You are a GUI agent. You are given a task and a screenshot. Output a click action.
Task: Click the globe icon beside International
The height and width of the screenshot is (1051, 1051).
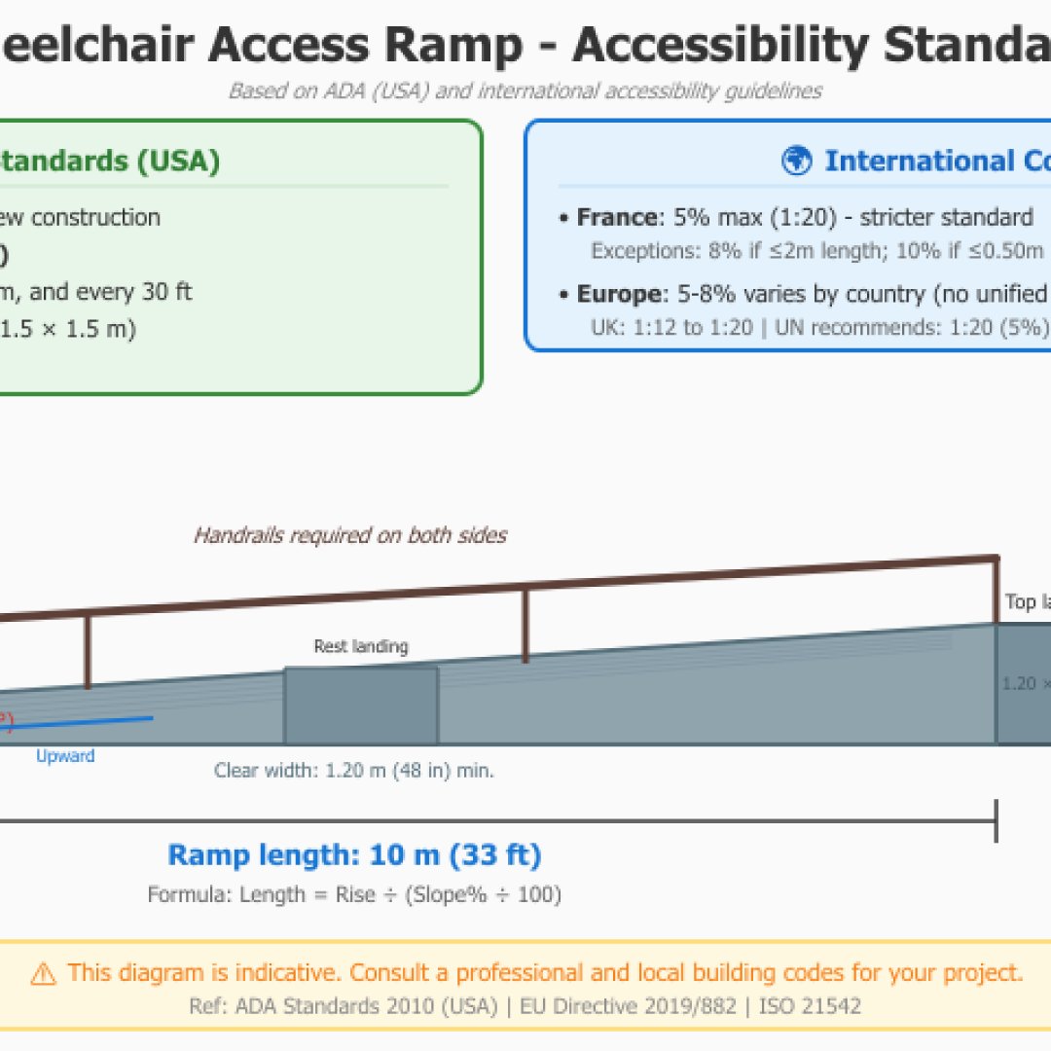coord(796,161)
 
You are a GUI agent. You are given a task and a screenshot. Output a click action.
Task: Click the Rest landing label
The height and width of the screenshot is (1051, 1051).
coord(361,646)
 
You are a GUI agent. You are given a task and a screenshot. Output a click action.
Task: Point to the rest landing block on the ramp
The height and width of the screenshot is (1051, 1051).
coord(360,706)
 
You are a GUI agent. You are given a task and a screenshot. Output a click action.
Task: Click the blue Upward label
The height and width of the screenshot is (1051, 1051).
coord(65,756)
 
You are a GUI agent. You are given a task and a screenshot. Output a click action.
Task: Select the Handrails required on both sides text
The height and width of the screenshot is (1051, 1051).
coord(350,535)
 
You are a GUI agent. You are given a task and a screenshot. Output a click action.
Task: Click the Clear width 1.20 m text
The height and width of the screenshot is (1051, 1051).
coord(354,771)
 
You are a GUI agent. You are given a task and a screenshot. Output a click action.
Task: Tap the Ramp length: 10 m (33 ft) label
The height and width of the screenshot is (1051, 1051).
coord(354,855)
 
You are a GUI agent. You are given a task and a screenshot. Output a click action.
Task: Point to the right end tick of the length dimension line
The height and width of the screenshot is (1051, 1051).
coord(996,821)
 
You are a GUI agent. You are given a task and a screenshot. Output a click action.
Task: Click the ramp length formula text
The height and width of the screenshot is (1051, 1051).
coord(354,894)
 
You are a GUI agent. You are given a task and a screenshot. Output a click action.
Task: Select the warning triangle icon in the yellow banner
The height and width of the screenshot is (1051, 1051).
coord(43,973)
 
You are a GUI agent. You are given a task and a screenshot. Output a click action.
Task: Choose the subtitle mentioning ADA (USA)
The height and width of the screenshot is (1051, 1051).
coord(525,91)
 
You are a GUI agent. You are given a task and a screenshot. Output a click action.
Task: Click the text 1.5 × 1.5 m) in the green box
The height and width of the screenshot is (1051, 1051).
coord(68,329)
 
